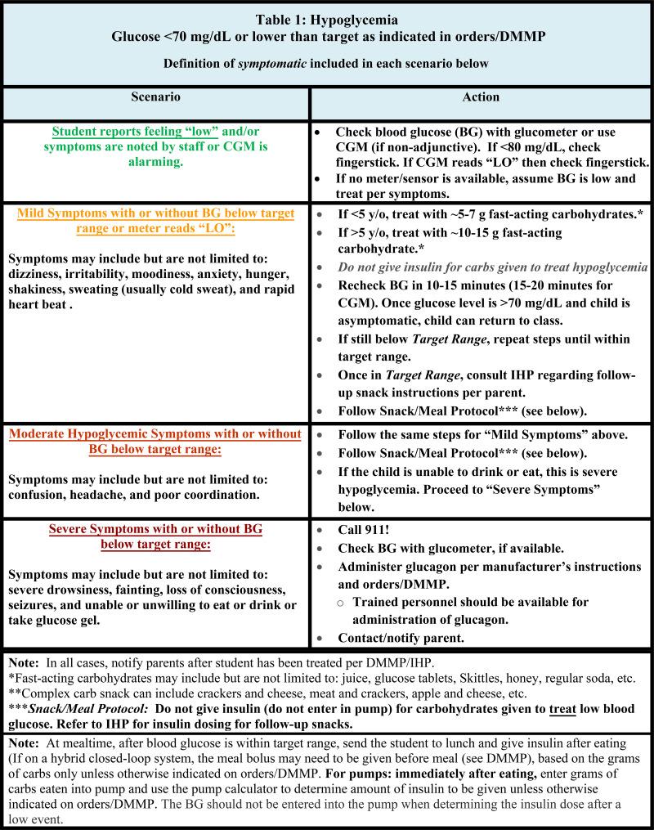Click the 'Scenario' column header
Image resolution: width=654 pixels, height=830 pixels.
point(155,97)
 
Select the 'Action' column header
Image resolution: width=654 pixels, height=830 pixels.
point(481,97)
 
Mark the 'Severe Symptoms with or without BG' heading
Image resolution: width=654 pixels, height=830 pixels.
point(155,529)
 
